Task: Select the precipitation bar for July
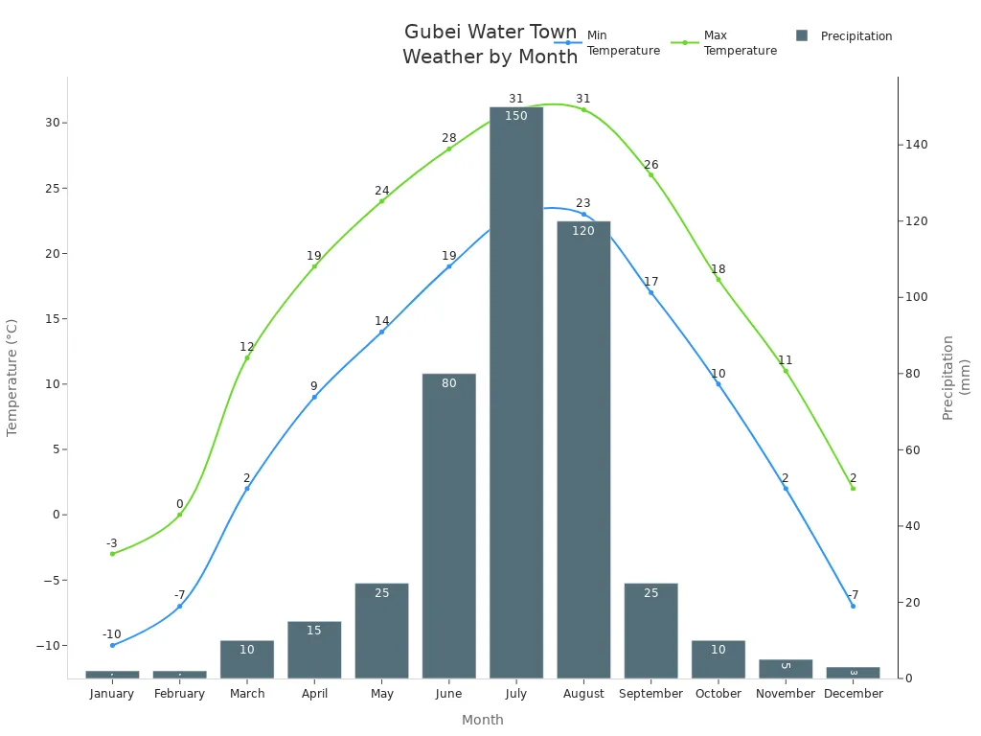click(x=516, y=393)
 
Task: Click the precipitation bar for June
click(x=448, y=526)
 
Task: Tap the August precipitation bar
click(x=583, y=449)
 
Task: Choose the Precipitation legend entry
click(x=844, y=36)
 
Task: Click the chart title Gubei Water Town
click(x=490, y=33)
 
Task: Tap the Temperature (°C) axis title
click(x=12, y=378)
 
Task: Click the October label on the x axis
click(x=719, y=694)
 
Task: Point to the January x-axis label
click(x=112, y=694)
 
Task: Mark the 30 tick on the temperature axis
click(x=53, y=123)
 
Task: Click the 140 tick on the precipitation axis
click(x=917, y=145)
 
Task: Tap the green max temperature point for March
click(x=247, y=357)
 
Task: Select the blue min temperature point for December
click(x=853, y=606)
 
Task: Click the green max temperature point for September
click(x=650, y=174)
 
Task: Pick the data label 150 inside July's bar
click(x=516, y=116)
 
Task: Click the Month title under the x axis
click(x=483, y=720)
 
